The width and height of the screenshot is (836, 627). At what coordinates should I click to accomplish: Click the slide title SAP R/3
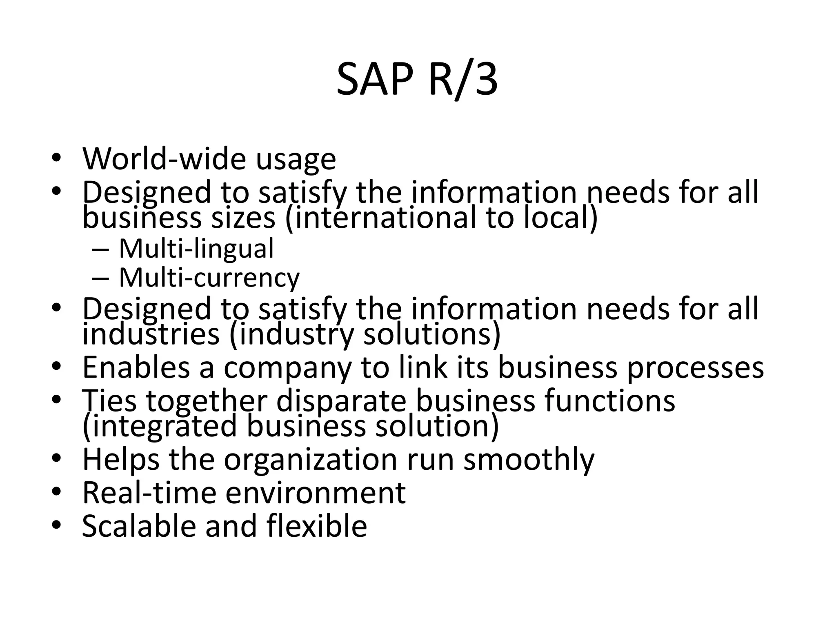click(x=417, y=80)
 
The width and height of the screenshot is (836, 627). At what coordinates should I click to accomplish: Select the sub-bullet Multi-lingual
click(x=196, y=249)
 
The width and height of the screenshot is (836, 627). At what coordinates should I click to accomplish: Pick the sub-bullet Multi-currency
click(x=209, y=278)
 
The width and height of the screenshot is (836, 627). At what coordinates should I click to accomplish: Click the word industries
click(x=151, y=334)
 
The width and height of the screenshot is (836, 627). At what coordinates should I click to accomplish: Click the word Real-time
click(x=149, y=493)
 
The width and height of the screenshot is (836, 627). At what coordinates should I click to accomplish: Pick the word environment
click(x=316, y=493)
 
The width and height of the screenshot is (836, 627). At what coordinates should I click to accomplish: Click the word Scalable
click(x=138, y=526)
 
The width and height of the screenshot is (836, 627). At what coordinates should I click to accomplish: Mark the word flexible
click(x=317, y=526)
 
